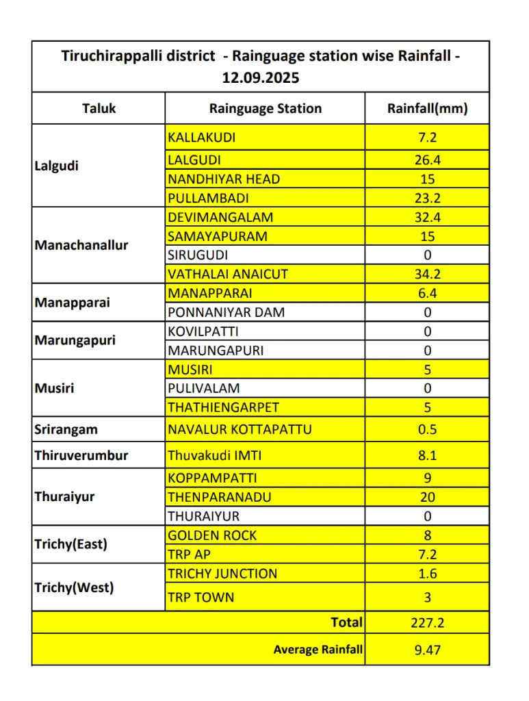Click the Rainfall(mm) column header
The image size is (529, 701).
427,108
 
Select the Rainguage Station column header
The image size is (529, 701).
265,108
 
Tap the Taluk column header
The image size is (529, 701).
99,108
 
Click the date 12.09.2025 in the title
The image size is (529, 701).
261,77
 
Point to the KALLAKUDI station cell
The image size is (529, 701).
202,138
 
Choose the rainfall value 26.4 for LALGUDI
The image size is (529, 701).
427,160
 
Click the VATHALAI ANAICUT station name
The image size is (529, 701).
228,274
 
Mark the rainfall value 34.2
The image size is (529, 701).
427,274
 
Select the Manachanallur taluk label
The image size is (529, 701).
81,245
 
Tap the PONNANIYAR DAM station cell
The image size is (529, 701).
226,312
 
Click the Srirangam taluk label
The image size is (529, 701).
66,430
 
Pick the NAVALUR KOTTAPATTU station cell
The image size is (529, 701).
240,430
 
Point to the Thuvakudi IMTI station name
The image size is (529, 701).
215,455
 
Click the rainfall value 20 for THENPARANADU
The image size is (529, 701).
427,497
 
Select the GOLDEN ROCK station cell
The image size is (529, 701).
212,535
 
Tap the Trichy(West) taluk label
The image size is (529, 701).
75,587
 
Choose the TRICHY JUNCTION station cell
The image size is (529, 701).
222,574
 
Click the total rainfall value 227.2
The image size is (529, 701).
427,623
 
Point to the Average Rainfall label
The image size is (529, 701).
318,650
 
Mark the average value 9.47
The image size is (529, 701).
427,650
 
